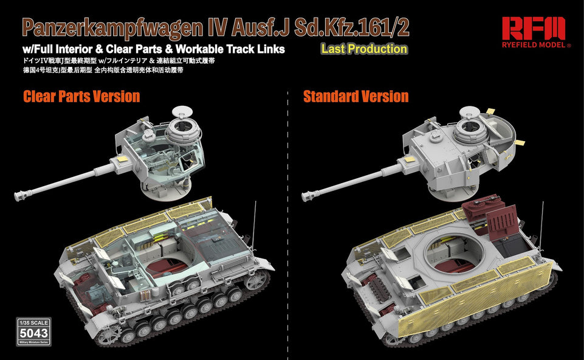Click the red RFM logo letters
click(533, 28)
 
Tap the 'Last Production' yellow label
click(364, 49)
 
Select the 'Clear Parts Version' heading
click(81, 96)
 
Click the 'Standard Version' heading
click(356, 96)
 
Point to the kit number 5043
click(34, 333)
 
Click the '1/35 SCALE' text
click(34, 322)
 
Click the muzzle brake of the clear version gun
click(23, 195)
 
